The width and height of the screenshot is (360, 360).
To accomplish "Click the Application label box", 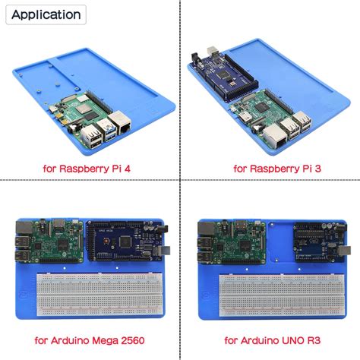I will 46,14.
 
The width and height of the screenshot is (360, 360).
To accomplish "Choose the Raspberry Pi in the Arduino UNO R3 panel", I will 229,242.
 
